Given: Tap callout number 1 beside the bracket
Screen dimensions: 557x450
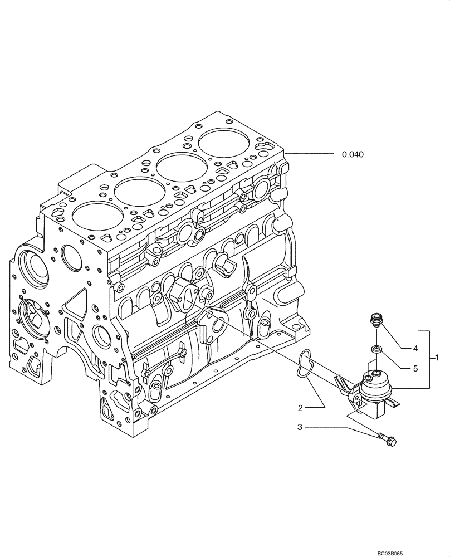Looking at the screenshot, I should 438,357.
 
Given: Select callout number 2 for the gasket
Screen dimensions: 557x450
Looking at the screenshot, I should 300,408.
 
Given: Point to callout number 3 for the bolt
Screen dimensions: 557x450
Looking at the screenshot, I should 300,427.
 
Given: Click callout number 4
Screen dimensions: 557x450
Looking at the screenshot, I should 415,349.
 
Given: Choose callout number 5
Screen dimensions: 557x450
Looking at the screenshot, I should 415,368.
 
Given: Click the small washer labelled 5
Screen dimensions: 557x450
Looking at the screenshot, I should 376,350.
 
